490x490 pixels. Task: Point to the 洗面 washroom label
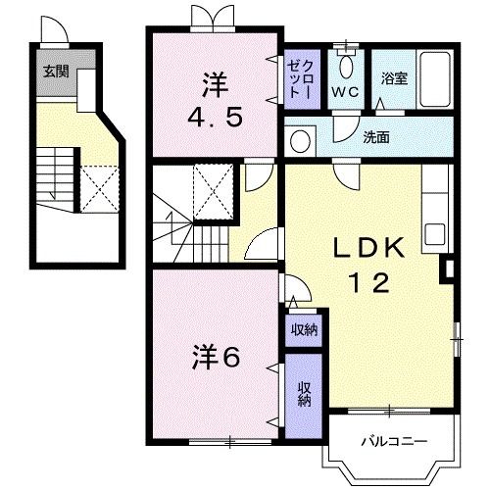coord(375,138)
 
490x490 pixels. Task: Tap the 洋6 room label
coord(215,357)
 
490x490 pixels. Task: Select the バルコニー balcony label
coord(391,441)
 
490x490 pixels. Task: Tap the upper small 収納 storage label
coord(304,329)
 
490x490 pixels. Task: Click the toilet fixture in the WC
coord(343,66)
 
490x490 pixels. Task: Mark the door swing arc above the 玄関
coord(57,33)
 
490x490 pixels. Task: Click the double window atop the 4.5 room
coord(214,17)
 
